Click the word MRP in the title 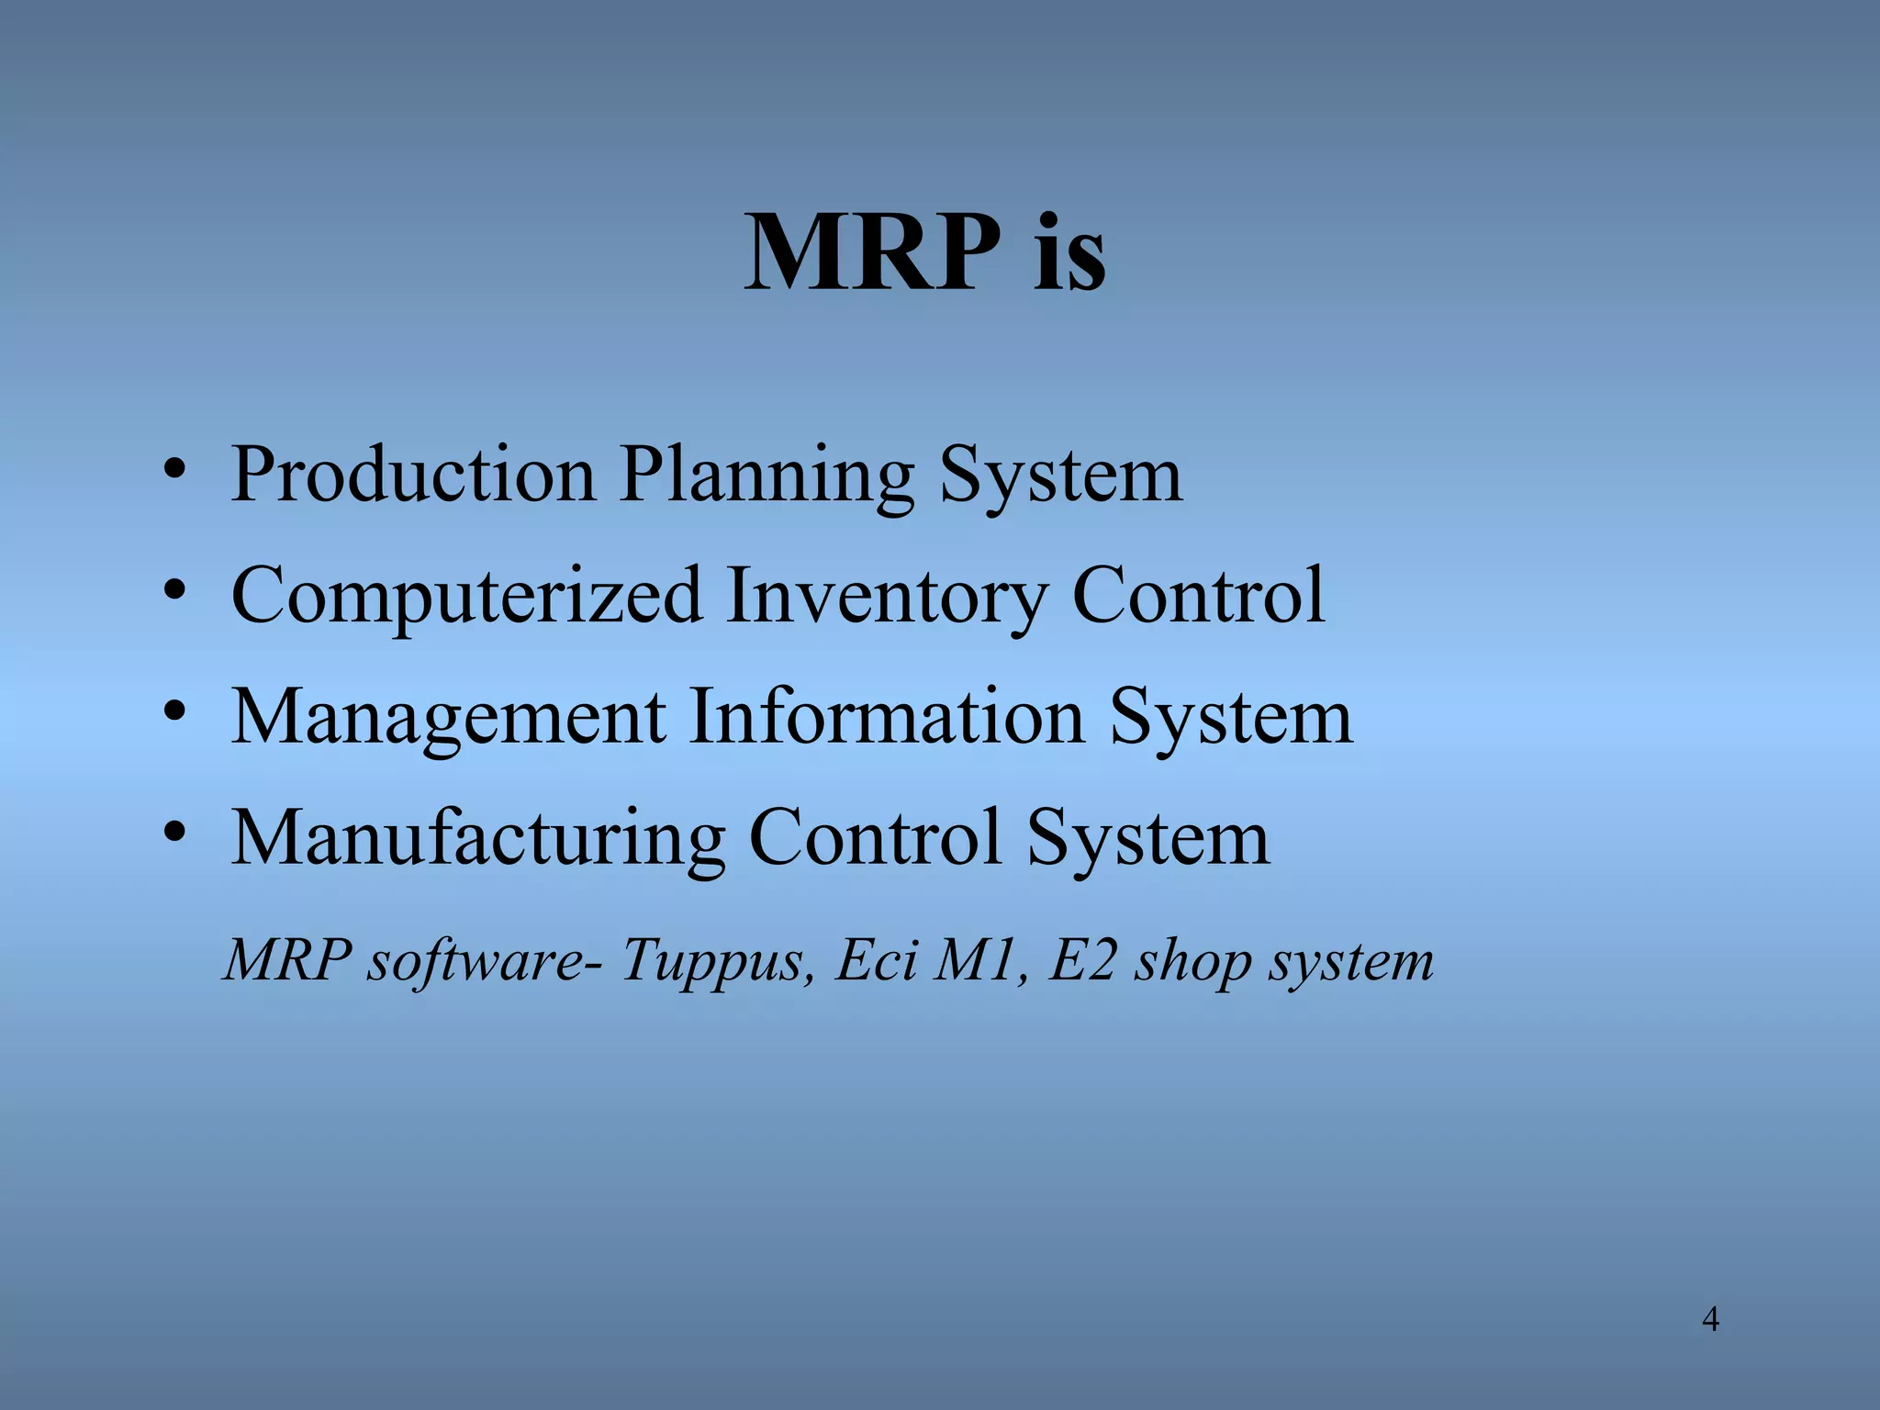point(873,252)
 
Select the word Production point(413,475)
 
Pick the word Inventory point(886,597)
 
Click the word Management point(448,718)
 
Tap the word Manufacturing point(478,838)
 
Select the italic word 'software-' point(486,961)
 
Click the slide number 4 point(1710,1320)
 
